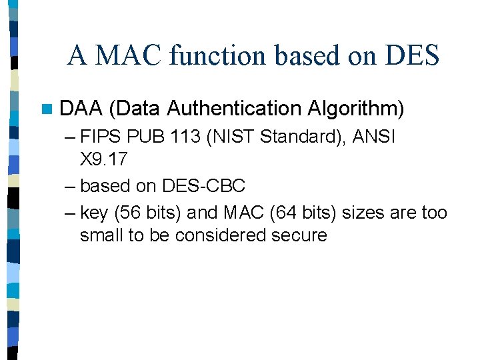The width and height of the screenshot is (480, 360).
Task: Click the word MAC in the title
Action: [128, 55]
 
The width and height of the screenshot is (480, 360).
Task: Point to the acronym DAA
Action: [81, 108]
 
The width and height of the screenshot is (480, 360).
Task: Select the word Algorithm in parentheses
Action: [356, 108]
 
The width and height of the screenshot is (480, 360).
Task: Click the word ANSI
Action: [373, 137]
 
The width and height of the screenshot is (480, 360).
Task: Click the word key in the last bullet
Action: [94, 213]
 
